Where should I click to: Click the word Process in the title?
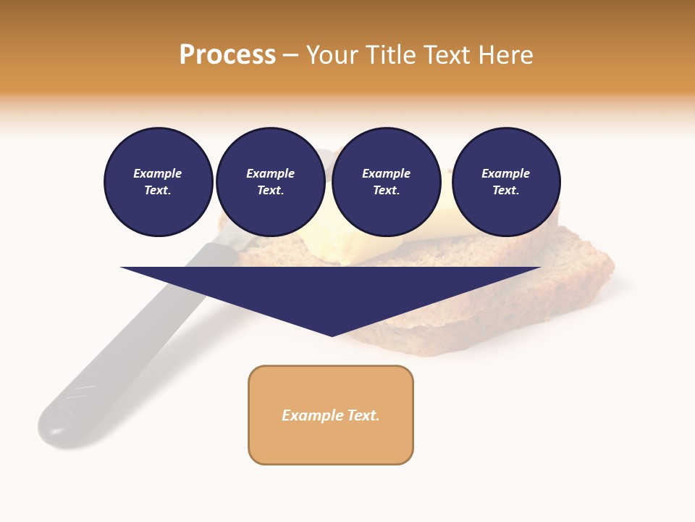pos(227,55)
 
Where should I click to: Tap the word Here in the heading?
pos(504,55)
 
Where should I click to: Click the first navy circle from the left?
pos(158,182)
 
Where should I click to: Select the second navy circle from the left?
pos(271,182)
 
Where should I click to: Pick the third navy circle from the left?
pos(387,182)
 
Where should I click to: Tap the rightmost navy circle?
pos(506,182)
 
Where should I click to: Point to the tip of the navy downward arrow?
pos(332,335)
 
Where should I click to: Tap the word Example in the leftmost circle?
pos(158,173)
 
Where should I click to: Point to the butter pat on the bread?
pos(355,243)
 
